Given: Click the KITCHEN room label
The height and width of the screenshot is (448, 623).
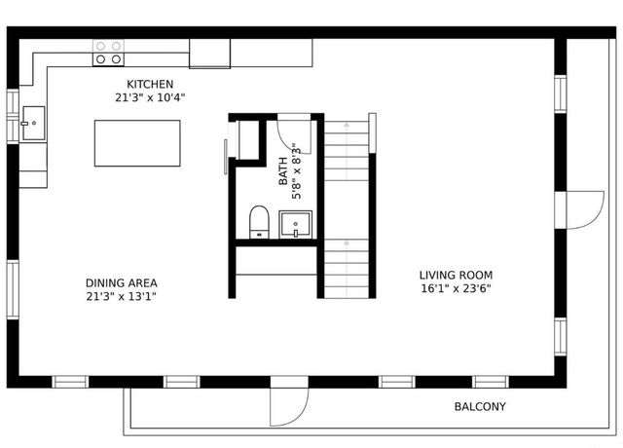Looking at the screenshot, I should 150,85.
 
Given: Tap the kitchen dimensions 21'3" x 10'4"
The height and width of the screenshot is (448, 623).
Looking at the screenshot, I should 150,97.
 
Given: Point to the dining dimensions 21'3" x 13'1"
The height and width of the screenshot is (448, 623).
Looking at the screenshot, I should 121,297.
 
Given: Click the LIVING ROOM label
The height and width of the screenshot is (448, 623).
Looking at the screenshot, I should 455,275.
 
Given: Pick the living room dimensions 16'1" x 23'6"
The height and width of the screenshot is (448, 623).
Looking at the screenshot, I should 455,288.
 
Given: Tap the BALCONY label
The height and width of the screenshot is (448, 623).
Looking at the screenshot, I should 480,407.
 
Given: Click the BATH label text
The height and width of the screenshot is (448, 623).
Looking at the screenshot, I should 284,171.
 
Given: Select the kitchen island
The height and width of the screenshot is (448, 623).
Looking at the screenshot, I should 137,144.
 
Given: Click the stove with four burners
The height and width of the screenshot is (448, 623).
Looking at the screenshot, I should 108,53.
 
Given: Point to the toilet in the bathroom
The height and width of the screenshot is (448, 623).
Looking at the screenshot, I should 259,221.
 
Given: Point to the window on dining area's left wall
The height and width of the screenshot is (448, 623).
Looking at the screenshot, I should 12,288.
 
